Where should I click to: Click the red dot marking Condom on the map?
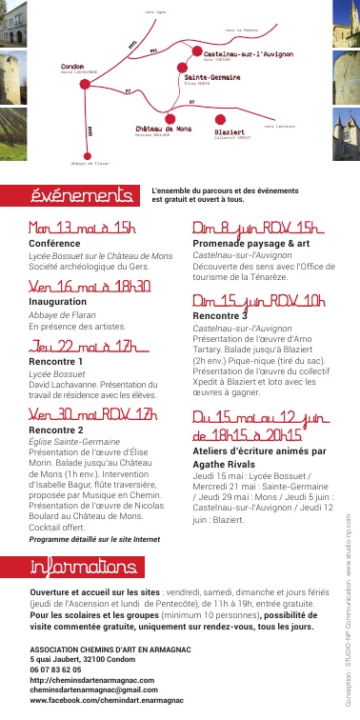pyautogui.click(x=86, y=84)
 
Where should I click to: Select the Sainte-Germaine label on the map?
pyautogui.click(x=211, y=76)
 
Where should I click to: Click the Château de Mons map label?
pyautogui.click(x=163, y=129)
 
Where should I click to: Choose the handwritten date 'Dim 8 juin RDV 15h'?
pyautogui.click(x=254, y=230)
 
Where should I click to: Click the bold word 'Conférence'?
pyautogui.click(x=54, y=244)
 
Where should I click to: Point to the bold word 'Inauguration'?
pyautogui.click(x=58, y=301)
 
